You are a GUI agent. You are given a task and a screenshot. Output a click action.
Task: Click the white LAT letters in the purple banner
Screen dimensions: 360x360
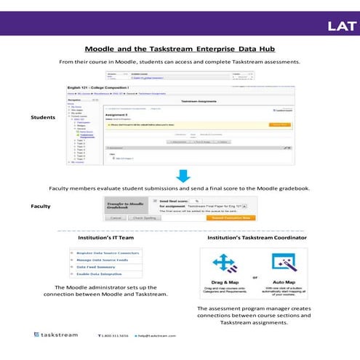click(342, 27)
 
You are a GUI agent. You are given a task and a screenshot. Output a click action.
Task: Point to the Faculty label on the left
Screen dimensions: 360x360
click(41, 207)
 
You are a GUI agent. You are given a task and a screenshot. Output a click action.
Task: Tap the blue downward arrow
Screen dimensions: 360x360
click(183, 175)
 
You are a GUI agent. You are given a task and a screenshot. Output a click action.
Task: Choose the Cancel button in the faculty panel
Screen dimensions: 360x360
click(114, 217)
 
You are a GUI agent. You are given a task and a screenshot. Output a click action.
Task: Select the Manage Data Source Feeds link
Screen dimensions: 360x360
click(101, 260)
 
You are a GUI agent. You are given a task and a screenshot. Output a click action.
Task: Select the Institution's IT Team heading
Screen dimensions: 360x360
click(101, 238)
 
